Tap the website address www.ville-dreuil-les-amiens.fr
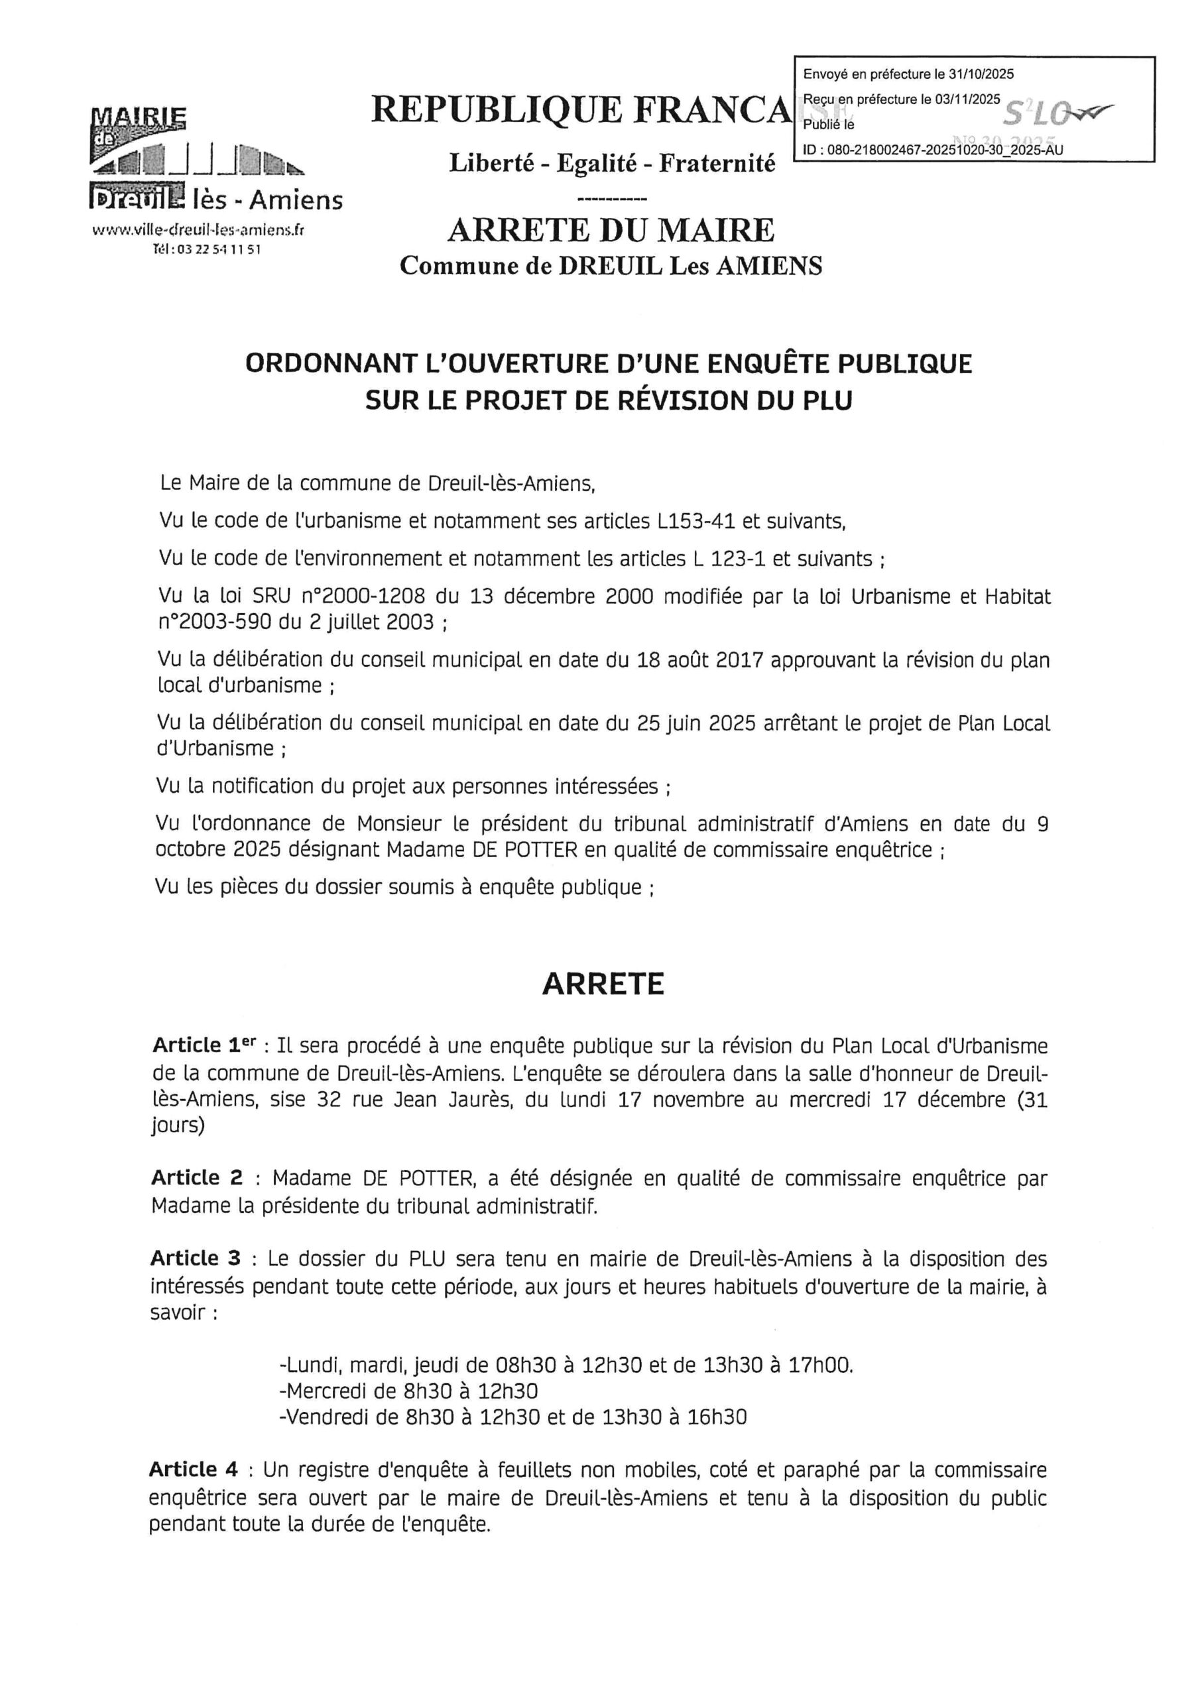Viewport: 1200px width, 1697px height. click(198, 231)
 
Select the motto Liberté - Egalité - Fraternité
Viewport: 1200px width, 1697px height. click(612, 162)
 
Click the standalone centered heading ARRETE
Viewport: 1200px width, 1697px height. click(603, 984)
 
